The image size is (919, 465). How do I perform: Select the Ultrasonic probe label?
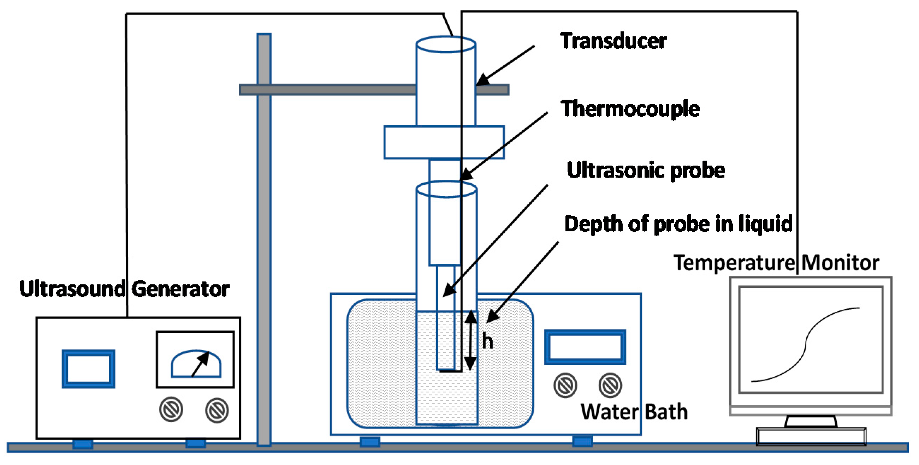click(x=646, y=170)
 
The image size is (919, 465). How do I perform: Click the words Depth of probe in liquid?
click(x=678, y=224)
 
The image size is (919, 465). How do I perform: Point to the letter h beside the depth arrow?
click(x=487, y=341)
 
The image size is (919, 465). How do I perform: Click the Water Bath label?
click(x=634, y=412)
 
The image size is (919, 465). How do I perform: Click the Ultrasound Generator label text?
click(x=124, y=288)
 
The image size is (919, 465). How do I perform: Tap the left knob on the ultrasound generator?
click(x=171, y=409)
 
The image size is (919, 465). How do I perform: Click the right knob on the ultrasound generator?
click(x=217, y=410)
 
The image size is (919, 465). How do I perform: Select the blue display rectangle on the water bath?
click(x=585, y=347)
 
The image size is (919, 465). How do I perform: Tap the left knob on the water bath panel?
click(x=565, y=385)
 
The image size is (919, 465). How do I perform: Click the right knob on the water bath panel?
click(x=610, y=385)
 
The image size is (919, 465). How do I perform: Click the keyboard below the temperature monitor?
click(x=811, y=436)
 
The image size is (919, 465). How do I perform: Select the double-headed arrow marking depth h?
click(x=470, y=340)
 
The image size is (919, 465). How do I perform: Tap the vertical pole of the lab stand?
click(x=263, y=250)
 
